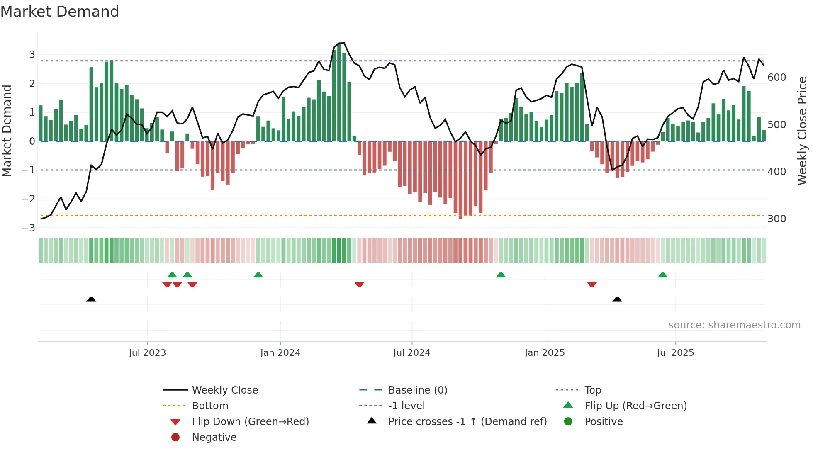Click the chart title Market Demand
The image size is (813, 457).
pyautogui.click(x=60, y=12)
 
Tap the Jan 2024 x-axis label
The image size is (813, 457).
pyautogui.click(x=280, y=353)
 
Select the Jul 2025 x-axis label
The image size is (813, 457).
pyautogui.click(x=675, y=353)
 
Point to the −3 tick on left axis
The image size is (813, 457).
pyautogui.click(x=28, y=228)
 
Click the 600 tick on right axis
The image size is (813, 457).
pyautogui.click(x=776, y=78)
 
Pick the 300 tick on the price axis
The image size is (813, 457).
pyautogui.click(x=776, y=219)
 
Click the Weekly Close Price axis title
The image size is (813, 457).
pyautogui.click(x=802, y=131)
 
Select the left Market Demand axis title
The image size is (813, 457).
pyautogui.click(x=7, y=131)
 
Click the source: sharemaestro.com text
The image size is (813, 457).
pyautogui.click(x=734, y=325)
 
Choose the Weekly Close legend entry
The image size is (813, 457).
pyautogui.click(x=224, y=390)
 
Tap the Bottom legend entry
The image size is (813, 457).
pyautogui.click(x=210, y=406)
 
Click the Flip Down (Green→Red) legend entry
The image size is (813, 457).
pyautogui.click(x=250, y=422)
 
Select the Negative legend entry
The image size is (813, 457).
pyautogui.click(x=214, y=438)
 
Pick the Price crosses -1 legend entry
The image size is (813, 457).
pyautogui.click(x=467, y=422)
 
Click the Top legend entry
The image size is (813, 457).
pyautogui.click(x=592, y=390)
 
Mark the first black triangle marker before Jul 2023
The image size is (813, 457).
pyautogui.click(x=91, y=299)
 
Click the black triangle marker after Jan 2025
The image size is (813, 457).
pyautogui.click(x=617, y=299)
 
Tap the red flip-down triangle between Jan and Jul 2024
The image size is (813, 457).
pyautogui.click(x=359, y=284)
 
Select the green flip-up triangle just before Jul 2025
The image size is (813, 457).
pyautogui.click(x=662, y=275)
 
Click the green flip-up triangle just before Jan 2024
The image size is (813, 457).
pyautogui.click(x=258, y=275)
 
